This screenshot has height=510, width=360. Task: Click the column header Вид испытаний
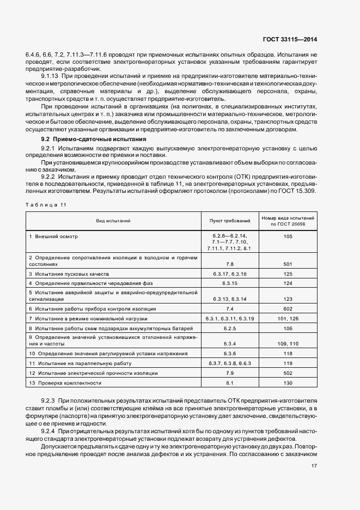coord(113,221)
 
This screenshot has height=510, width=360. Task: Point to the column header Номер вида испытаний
coord(288,221)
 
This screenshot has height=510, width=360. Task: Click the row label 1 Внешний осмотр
coord(54,236)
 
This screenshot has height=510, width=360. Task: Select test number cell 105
coord(288,236)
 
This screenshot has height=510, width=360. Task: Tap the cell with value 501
coord(288,264)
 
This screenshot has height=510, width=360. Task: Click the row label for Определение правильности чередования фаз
coord(83,283)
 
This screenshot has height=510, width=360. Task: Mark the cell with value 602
coord(288,308)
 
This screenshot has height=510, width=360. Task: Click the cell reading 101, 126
coord(288,318)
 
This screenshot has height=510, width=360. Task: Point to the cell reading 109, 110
coord(288,344)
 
